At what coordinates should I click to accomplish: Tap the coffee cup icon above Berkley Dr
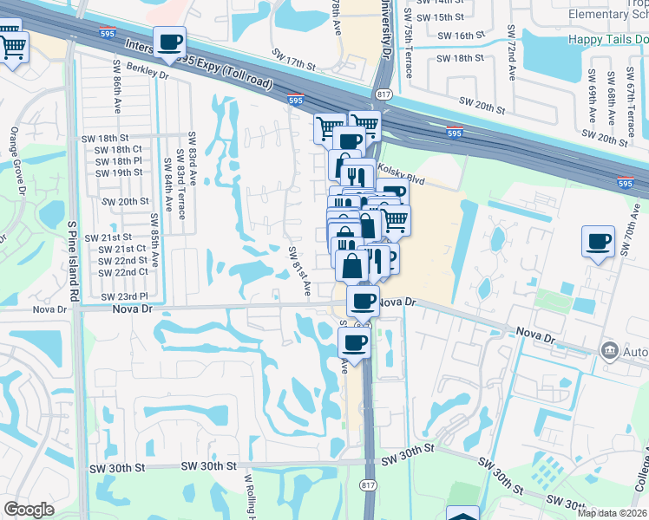coord(169,42)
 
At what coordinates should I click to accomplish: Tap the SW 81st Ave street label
coord(299,270)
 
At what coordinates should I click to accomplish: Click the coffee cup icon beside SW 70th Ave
coord(598,243)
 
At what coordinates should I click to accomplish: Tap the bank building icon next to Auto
coord(608,351)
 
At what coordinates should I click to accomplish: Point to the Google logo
coord(29,510)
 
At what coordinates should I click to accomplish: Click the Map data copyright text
coord(613,513)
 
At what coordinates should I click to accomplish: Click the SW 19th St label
coord(120,172)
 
